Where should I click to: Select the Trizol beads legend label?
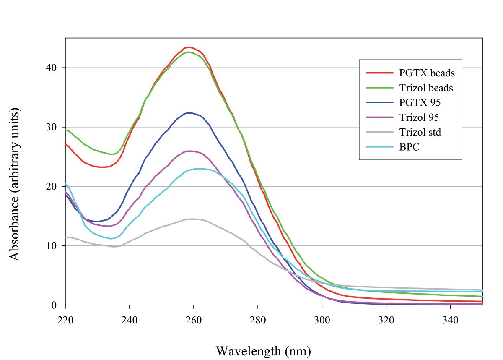(432, 88)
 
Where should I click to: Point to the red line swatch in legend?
(379, 73)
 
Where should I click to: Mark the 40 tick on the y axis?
(56, 68)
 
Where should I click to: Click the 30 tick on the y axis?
(56, 127)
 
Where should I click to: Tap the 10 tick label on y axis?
(56, 246)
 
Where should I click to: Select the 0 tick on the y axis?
(59, 305)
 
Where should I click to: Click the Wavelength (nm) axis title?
(264, 350)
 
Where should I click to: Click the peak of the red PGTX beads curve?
(188, 47)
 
